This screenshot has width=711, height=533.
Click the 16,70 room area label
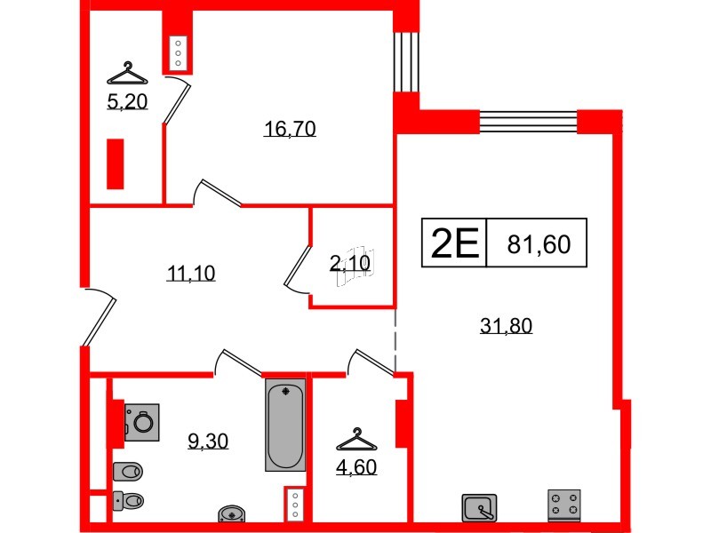[x=290, y=130]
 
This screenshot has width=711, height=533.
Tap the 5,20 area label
[x=127, y=101]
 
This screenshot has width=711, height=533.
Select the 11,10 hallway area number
[x=191, y=274]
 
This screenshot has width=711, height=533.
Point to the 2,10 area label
[x=349, y=262]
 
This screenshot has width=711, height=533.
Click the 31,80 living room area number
[x=506, y=326]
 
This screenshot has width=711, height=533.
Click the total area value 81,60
[x=538, y=243]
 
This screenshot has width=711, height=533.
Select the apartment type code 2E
[x=454, y=243]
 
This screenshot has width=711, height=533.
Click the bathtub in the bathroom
[x=284, y=425]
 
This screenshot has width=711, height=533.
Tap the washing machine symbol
[x=142, y=420]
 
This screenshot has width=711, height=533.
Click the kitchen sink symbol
[x=480, y=507]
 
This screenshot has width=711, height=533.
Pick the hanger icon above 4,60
[x=356, y=439]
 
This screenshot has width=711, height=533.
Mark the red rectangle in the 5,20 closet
[x=115, y=163]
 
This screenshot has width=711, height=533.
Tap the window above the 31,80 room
[x=528, y=120]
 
